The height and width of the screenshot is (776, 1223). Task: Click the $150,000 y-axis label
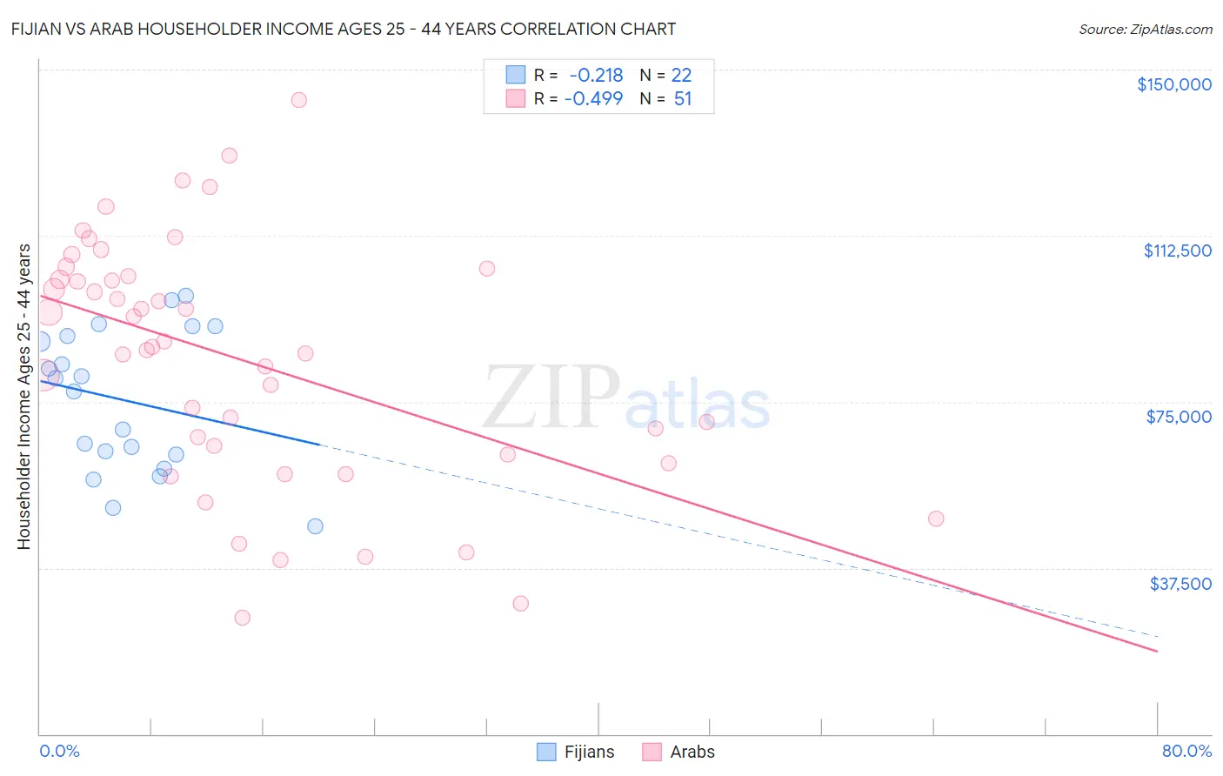click(x=1173, y=84)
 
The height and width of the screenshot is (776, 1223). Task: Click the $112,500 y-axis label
click(x=1177, y=251)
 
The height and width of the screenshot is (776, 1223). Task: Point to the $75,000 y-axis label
click(x=1179, y=417)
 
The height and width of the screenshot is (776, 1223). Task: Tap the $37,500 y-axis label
click(x=1180, y=584)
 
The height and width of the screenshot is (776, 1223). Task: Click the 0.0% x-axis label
click(x=59, y=752)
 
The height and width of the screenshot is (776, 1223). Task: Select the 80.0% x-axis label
click(x=1186, y=752)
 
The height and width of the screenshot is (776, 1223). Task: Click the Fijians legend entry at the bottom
click(x=576, y=752)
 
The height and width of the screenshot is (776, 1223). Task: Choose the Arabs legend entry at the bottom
click(x=678, y=752)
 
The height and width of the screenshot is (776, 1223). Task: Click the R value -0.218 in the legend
click(x=596, y=76)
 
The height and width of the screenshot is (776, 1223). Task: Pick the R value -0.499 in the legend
click(x=593, y=98)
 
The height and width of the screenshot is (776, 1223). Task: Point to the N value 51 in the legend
click(x=683, y=98)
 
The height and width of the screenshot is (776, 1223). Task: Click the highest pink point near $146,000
click(x=298, y=100)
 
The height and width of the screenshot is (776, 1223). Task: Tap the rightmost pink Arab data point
click(x=936, y=518)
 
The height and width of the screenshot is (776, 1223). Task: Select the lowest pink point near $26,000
click(x=243, y=618)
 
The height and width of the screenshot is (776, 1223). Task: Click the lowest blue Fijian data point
click(x=315, y=526)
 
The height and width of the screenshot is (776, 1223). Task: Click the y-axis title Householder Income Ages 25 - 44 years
click(x=24, y=397)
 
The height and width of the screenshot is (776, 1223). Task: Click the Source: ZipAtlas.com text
click(x=1145, y=30)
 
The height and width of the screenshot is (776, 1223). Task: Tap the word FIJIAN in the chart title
click(x=39, y=30)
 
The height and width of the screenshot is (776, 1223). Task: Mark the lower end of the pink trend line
click(x=1157, y=651)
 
